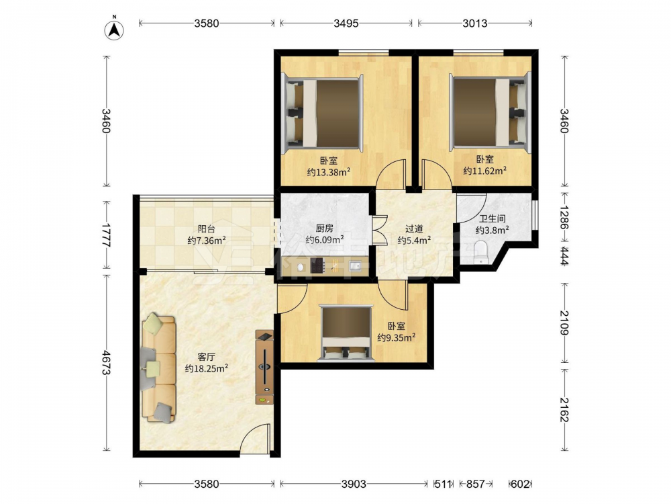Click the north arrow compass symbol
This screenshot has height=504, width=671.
pyautogui.click(x=114, y=29)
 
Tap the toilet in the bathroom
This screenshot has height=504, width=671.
pyautogui.click(x=481, y=253)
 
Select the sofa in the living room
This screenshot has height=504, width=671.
pyautogui.click(x=158, y=368)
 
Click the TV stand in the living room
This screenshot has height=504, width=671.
pyautogui.click(x=264, y=367)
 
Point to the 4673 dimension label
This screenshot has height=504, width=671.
pyautogui.click(x=106, y=363)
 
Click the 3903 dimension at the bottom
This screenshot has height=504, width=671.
pyautogui.click(x=354, y=485)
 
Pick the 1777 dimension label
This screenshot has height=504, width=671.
pyautogui.click(x=106, y=235)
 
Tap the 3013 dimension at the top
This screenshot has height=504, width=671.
pyautogui.click(x=475, y=23)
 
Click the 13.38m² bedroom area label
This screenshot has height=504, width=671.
pyautogui.click(x=329, y=172)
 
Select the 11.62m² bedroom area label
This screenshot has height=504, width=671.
pyautogui.click(x=485, y=171)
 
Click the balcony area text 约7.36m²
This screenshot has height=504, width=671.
pyautogui.click(x=207, y=241)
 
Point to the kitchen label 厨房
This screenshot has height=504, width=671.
pyautogui.click(x=324, y=228)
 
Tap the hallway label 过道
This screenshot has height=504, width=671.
pyautogui.click(x=414, y=228)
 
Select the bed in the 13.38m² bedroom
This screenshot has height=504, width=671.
pyautogui.click(x=323, y=113)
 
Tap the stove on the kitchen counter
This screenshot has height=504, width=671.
pyautogui.click(x=317, y=265)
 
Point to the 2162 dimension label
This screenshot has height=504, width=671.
pyautogui.click(x=565, y=409)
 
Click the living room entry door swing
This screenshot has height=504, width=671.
pyautogui.click(x=255, y=438)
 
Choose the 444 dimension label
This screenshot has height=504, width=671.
pyautogui.click(x=565, y=256)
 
